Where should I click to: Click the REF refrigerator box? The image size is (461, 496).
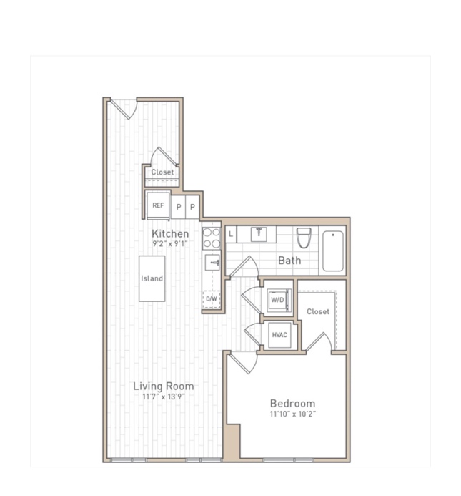pos(158,205)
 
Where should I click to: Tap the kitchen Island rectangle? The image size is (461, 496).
pos(152,278)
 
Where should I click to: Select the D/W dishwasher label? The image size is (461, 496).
pos(212,298)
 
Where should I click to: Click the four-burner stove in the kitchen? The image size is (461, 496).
pos(212,238)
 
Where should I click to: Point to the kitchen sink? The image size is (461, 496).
pos(212,263)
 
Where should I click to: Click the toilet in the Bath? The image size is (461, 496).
pos(304,238)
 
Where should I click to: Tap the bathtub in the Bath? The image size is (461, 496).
pos(333,251)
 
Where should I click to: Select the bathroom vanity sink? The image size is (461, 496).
pos(259,234)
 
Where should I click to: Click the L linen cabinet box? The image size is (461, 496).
pos(231,234)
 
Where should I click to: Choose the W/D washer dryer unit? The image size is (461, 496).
pos(278,300)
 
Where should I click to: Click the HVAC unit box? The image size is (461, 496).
pos(279,335)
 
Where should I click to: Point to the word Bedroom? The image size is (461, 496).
pos(292,404)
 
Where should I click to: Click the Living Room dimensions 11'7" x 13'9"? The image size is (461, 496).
pos(164,397)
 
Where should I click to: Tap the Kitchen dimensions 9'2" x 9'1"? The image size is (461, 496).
pos(170,243)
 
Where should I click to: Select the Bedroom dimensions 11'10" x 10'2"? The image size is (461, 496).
pos(293,414)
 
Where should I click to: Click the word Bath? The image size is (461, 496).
pos(289,261)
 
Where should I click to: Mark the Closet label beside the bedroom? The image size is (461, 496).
pos(318,311)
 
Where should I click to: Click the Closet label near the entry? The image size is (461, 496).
pos(162,172)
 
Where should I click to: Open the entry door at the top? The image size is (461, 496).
pos(124,109)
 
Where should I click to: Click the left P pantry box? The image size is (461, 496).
pos(179,207)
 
